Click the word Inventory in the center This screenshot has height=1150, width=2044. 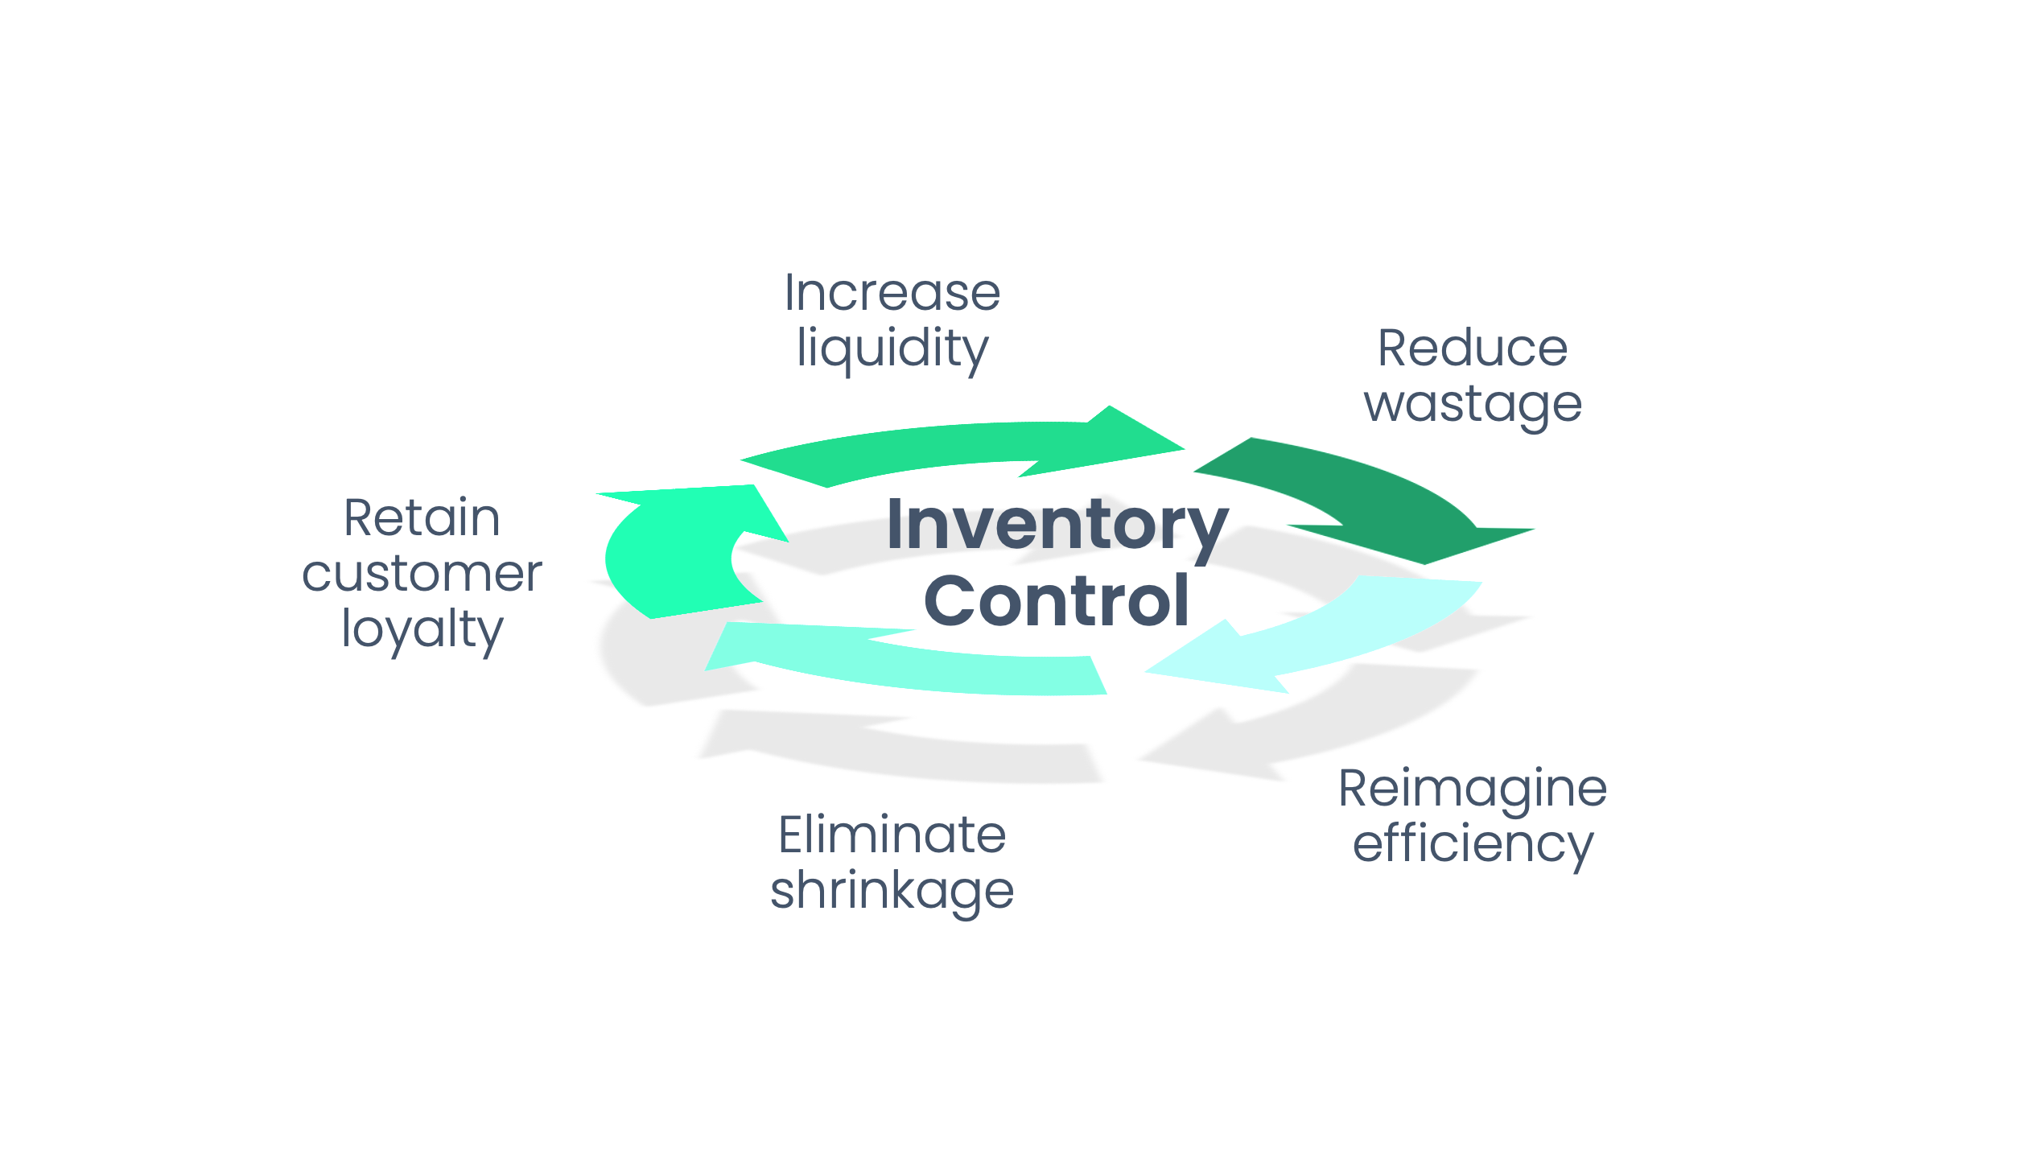click(1057, 526)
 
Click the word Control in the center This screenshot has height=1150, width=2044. click(1056, 601)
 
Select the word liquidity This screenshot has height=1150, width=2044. click(892, 348)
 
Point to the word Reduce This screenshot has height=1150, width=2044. click(1472, 348)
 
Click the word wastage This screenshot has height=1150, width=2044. click(1472, 405)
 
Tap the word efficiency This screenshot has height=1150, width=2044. click(1472, 844)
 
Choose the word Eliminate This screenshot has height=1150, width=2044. click(892, 835)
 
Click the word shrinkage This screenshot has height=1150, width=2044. click(892, 891)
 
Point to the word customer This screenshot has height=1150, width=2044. click(422, 574)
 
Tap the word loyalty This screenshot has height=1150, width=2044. click(422, 630)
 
